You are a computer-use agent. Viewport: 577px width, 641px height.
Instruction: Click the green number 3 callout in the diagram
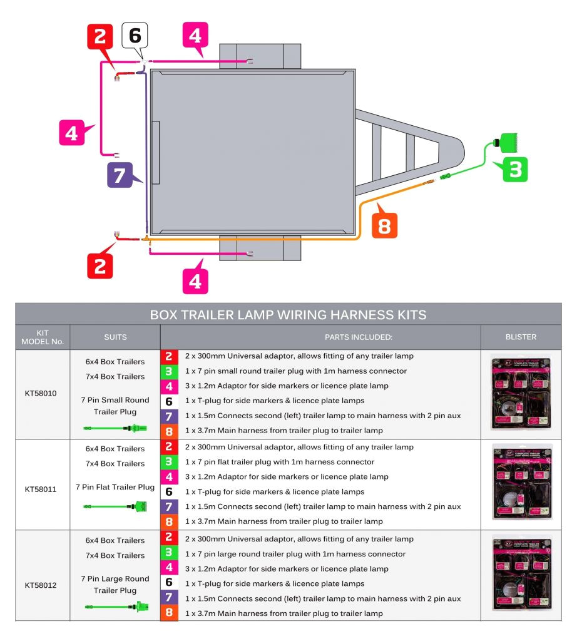pos(514,169)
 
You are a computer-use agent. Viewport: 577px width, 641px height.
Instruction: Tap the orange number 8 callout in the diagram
pos(384,225)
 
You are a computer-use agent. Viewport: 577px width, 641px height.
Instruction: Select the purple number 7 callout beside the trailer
pos(120,175)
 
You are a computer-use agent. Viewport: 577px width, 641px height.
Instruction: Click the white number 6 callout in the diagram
pos(135,36)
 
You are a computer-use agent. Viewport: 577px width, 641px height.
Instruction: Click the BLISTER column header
pos(521,337)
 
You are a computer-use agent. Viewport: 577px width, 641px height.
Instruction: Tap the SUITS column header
pos(115,337)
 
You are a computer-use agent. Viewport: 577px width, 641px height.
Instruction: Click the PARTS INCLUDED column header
pos(358,337)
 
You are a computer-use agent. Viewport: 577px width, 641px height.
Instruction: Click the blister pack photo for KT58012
pos(521,574)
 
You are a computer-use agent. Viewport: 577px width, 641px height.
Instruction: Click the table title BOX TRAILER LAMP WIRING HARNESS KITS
pos(288,315)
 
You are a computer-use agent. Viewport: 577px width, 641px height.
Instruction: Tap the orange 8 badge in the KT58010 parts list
pos(169,431)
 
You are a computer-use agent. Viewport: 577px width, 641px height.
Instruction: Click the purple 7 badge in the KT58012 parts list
pos(169,598)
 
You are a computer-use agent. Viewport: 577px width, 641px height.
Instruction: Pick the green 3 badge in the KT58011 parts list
pos(169,462)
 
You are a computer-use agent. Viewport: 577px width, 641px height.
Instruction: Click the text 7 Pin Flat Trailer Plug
pos(115,487)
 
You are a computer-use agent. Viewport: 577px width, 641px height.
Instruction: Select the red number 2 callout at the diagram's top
pos(100,37)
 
